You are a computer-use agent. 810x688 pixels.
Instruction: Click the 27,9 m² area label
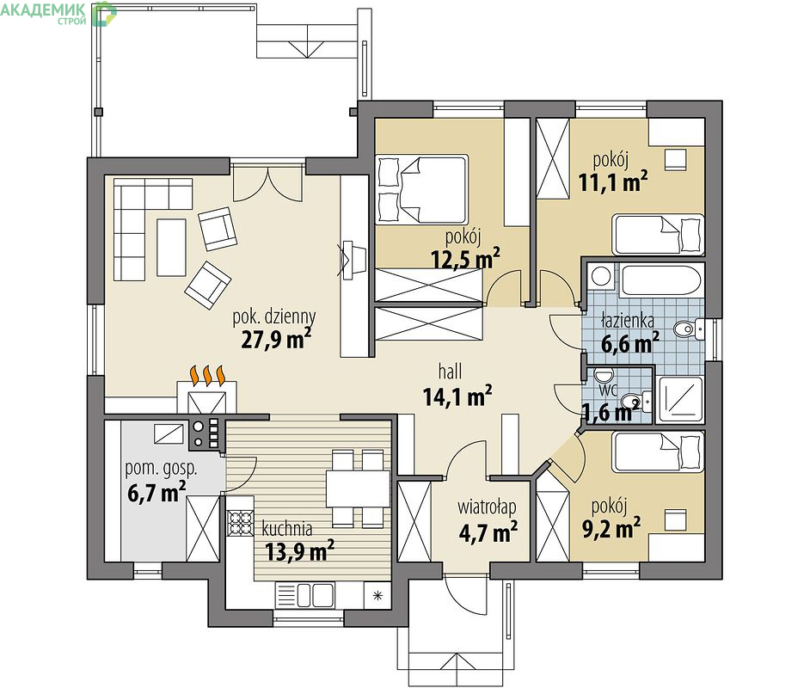276,340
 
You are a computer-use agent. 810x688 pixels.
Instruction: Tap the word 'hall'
450,371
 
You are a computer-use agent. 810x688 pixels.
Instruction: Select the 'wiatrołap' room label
487,507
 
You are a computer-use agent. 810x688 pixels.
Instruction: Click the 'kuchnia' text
286,529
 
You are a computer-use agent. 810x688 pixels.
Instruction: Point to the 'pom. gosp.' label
161,469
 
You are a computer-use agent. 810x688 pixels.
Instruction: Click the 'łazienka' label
628,320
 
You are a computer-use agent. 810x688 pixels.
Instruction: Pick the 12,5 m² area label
465,258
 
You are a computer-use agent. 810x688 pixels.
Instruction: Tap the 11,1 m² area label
613,181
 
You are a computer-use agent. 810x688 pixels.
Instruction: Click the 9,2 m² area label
611,528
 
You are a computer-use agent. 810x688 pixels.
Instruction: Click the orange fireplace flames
208,376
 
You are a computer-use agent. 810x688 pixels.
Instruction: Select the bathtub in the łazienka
660,280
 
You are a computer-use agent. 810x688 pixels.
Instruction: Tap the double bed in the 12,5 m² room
422,189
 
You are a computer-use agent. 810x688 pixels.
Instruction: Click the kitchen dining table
358,488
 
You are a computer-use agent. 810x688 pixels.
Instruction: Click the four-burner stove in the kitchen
240,522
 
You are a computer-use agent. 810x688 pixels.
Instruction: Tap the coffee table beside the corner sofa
171,248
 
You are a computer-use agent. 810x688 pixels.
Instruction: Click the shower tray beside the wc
681,399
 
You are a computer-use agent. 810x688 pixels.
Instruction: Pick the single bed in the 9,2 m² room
658,452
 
